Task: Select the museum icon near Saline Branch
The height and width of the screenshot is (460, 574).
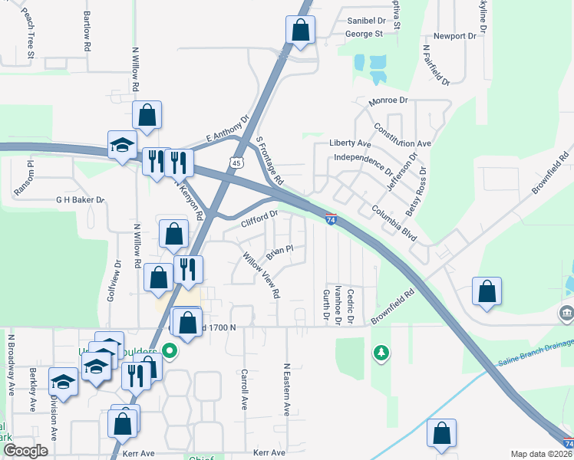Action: tap(566, 314)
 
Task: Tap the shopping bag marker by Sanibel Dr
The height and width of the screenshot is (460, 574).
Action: tap(301, 30)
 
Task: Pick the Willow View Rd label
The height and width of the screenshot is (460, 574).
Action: tap(262, 275)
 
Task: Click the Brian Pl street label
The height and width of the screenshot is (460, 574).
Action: tap(280, 251)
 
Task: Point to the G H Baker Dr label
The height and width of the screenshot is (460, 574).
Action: tap(79, 199)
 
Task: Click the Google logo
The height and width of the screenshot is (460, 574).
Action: tap(25, 451)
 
